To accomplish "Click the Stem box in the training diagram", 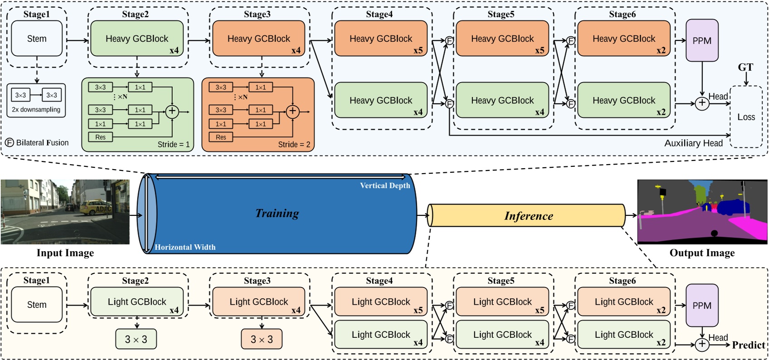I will [x=37, y=39].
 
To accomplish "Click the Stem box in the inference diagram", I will [x=37, y=305].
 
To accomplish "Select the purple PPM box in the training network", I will [x=702, y=40].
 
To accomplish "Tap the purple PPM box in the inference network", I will [x=702, y=306].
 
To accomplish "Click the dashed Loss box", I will [x=746, y=117].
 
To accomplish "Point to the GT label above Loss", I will [x=745, y=68].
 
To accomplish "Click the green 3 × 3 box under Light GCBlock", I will [x=136, y=339].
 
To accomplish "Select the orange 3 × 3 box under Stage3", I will [x=262, y=339].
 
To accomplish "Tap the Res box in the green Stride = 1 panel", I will [x=100, y=137].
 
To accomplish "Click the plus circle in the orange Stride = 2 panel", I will [x=292, y=111].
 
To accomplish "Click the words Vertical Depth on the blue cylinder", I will [x=385, y=185].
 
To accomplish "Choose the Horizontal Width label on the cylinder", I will [x=185, y=247].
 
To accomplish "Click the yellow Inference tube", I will [x=528, y=216].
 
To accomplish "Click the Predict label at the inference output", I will [x=748, y=345].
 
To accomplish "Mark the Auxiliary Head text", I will [x=693, y=143].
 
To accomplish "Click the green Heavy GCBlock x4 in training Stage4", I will [x=381, y=101].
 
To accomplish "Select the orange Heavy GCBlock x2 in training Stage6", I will [x=624, y=39].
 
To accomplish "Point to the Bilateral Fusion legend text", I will [x=42, y=143].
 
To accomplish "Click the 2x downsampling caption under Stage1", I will [x=36, y=110].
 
